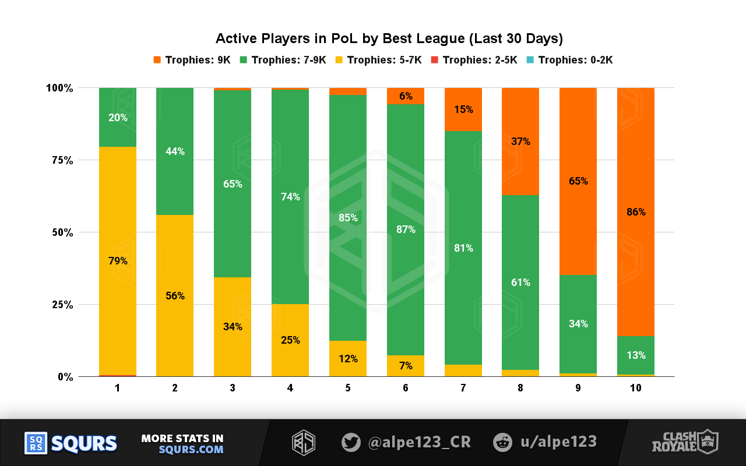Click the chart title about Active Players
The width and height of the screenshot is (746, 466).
[x=389, y=39]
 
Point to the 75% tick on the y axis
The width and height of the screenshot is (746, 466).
[x=59, y=160]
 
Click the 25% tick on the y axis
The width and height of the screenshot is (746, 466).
[x=59, y=305]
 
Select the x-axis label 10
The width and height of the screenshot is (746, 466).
[x=635, y=387]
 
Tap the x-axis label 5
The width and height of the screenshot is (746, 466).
[x=347, y=387]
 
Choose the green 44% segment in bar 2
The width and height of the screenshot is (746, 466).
[x=175, y=151]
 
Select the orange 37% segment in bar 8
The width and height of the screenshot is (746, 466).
[x=520, y=142]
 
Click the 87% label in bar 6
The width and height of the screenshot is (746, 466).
[x=405, y=230]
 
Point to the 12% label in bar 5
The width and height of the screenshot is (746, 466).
[x=348, y=359]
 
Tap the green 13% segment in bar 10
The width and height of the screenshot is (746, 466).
[x=636, y=355]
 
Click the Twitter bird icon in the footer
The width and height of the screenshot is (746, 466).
[x=351, y=442]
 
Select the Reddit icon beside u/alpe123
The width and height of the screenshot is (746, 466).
[x=502, y=442]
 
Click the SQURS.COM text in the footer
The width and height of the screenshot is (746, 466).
[x=191, y=450]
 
